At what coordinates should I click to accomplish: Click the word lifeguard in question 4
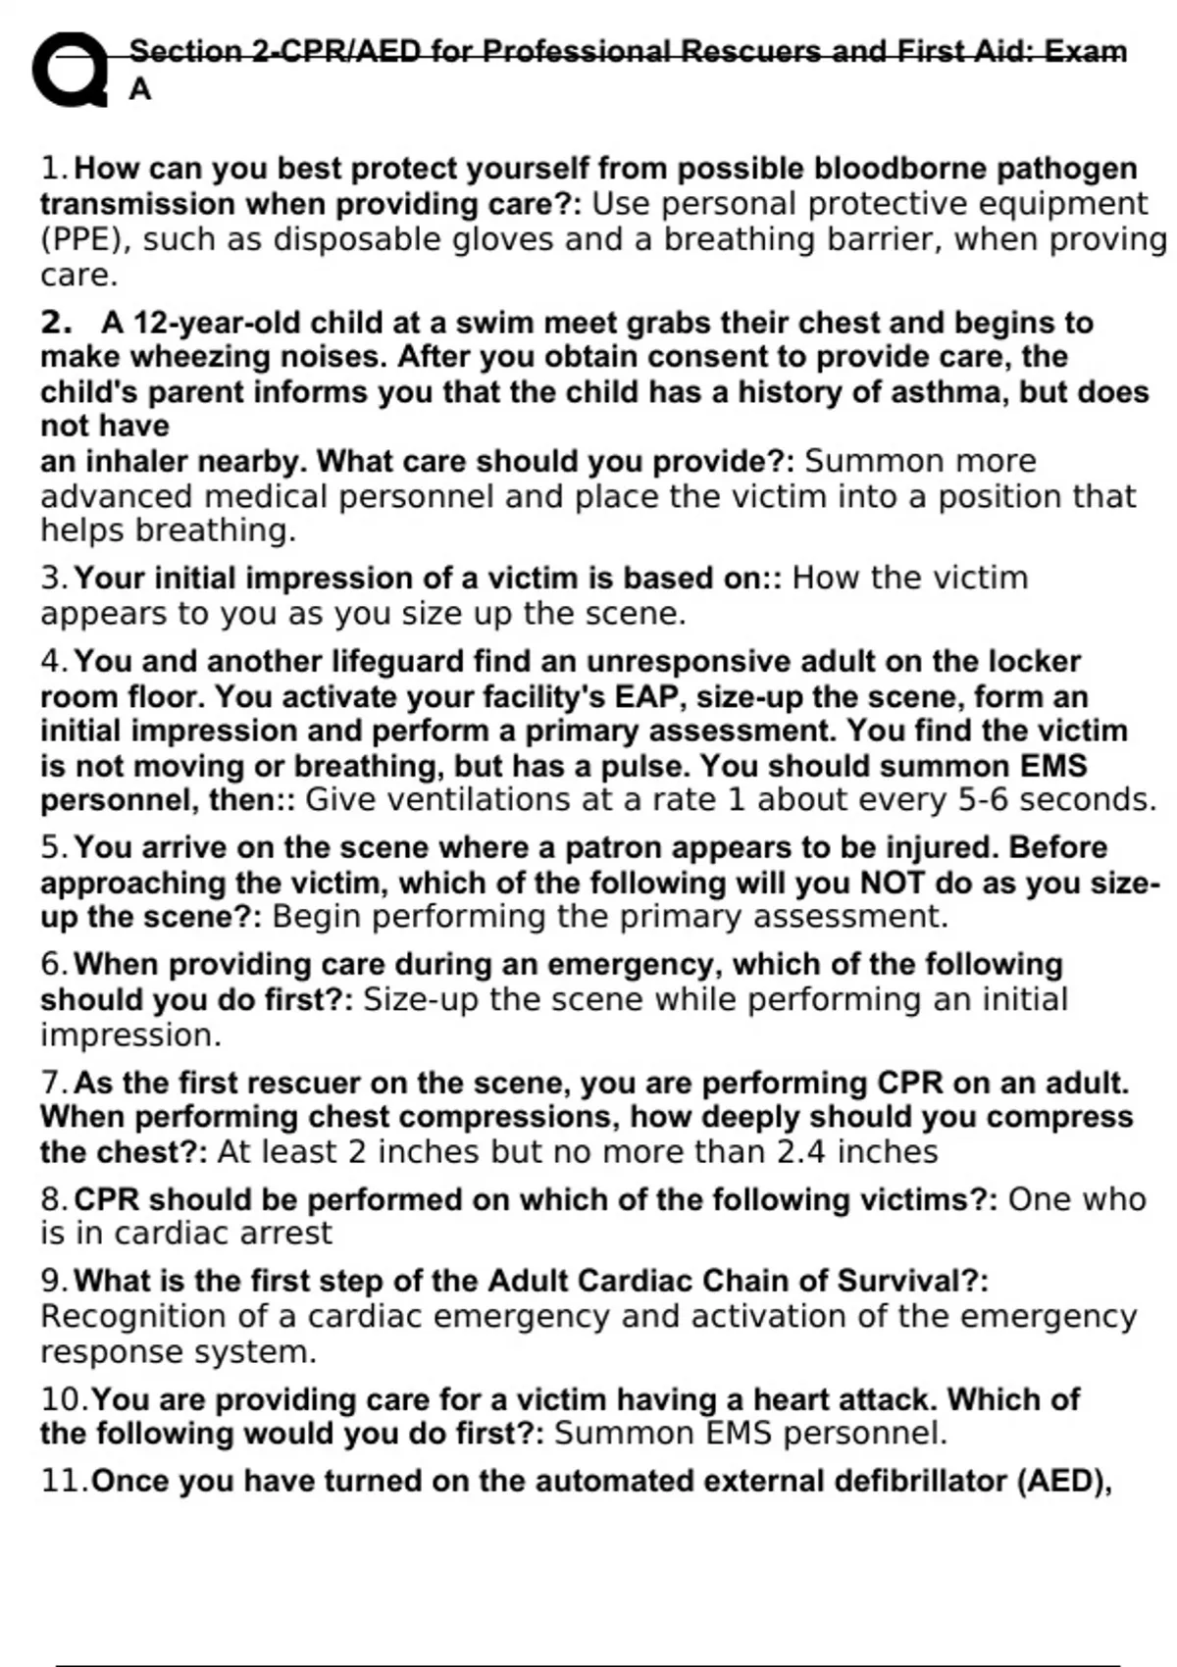(x=397, y=662)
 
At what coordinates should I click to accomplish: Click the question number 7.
(x=52, y=1084)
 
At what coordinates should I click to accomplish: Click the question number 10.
(x=62, y=1399)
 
